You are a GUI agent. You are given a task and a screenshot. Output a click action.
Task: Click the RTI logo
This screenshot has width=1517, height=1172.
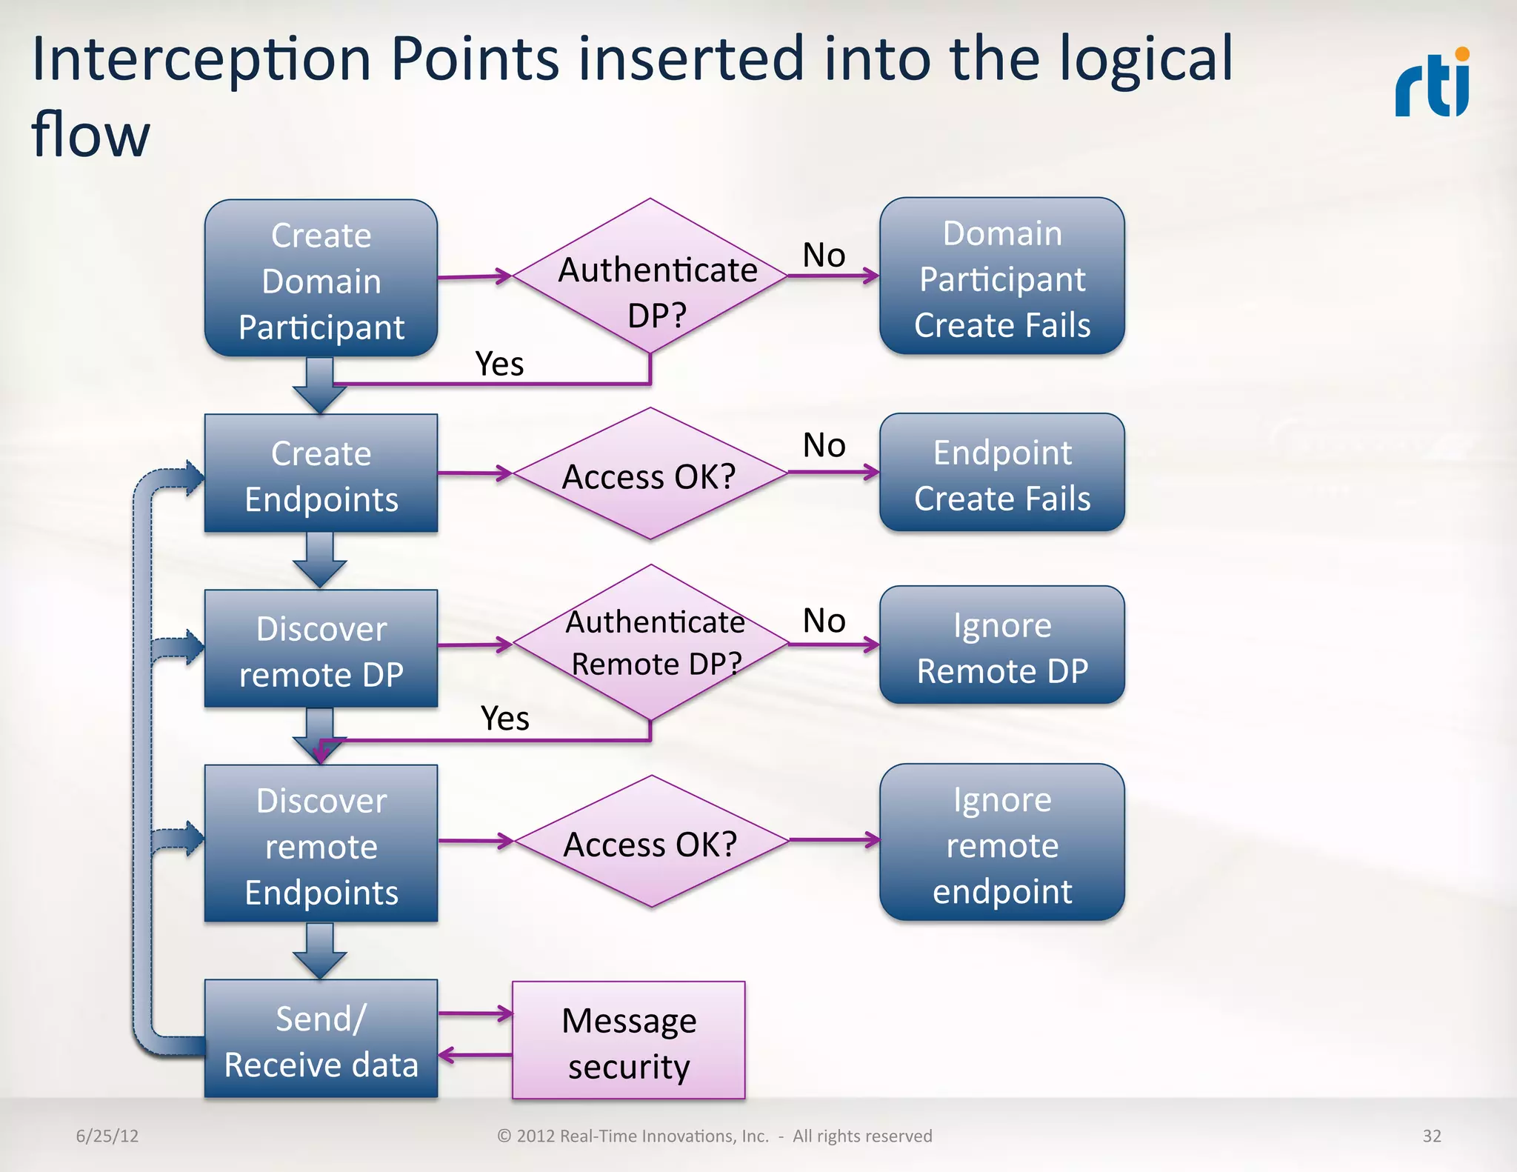coord(1433,83)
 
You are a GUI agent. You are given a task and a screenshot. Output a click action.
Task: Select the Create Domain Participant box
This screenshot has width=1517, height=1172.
coord(321,279)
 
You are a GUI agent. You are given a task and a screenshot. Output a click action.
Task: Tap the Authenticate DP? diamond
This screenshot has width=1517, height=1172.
coord(650,276)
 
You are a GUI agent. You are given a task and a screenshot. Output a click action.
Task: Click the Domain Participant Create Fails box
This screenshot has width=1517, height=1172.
coord(1001,277)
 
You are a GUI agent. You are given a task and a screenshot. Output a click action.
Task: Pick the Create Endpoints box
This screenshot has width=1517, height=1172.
coord(321,474)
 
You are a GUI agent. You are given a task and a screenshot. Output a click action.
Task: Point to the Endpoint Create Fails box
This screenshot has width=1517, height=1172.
coord(1001,473)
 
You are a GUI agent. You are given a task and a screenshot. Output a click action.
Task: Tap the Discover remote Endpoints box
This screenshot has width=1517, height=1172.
coord(321,845)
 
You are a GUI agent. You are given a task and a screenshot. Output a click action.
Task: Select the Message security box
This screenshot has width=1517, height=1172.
coord(628,1041)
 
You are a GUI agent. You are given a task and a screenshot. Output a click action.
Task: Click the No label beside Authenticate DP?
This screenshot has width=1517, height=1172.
coord(824,256)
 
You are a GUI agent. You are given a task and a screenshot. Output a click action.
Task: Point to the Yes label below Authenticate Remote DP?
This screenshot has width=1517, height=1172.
coord(504,719)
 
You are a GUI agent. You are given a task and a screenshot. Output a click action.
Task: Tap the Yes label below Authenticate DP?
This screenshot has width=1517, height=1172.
coord(499,364)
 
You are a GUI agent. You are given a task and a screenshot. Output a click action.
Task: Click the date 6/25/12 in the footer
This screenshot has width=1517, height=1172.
coord(107,1136)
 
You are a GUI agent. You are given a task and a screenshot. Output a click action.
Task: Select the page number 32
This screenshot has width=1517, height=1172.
coord(1431,1136)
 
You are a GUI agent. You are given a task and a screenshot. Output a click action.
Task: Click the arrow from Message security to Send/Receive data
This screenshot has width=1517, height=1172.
coord(475,1055)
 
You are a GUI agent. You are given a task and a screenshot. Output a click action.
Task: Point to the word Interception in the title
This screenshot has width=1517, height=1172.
coord(201,59)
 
